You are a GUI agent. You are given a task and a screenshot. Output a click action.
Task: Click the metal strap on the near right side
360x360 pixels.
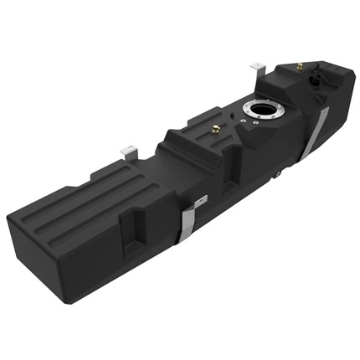pyautogui.click(x=192, y=219)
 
